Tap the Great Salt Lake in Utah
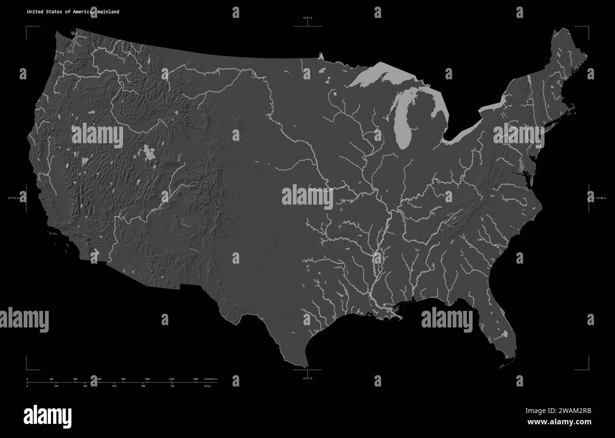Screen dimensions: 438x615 coord(149,152)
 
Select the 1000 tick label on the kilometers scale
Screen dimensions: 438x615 coord(147,379)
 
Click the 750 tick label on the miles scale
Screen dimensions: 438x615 coord(172,386)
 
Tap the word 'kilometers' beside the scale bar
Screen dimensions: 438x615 coord(211,379)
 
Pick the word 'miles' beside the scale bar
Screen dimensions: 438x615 coord(208,386)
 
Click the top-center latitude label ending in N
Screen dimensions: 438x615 coord(307,17)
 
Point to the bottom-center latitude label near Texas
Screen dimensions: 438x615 coord(307,378)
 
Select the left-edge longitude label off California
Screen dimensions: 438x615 coord(14,198)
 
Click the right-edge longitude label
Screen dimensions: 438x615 coord(601,198)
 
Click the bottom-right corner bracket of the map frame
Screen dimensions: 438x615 coord(588,368)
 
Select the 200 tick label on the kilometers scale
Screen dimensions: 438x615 coord(51,379)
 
